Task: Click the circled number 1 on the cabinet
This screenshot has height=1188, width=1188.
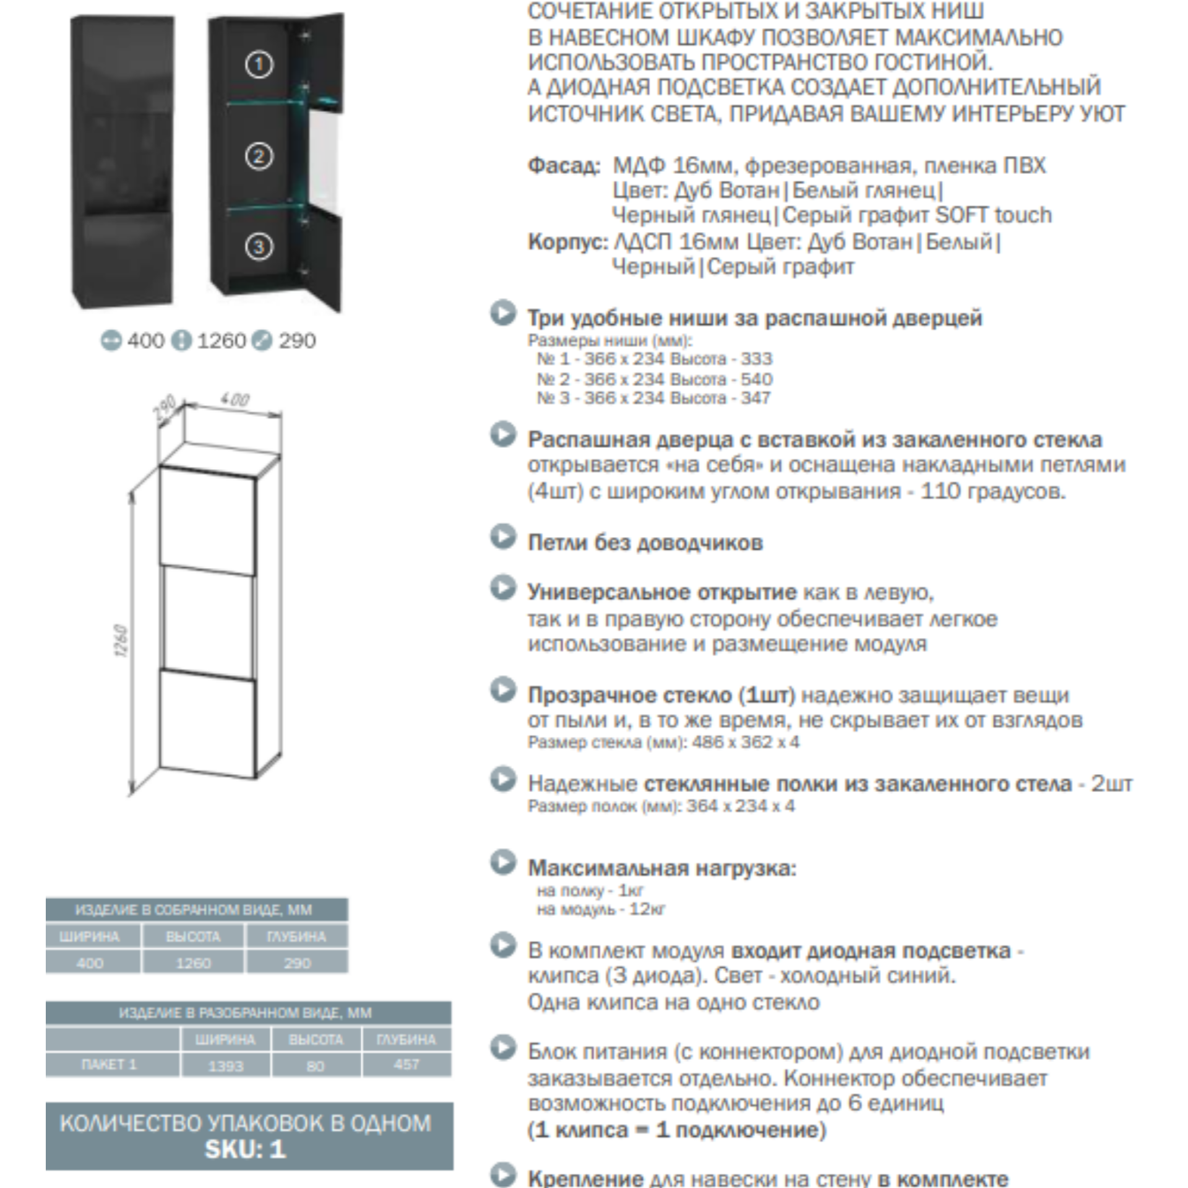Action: click(x=259, y=64)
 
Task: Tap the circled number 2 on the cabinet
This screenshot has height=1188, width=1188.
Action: click(x=259, y=156)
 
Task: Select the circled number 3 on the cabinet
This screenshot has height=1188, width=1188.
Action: click(x=259, y=247)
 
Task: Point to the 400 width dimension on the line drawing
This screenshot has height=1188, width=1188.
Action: click(x=235, y=400)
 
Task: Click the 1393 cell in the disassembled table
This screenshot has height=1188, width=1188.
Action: click(x=225, y=1065)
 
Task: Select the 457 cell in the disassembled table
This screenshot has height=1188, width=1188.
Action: click(x=406, y=1064)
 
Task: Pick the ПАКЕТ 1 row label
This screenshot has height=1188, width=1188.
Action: click(x=110, y=1064)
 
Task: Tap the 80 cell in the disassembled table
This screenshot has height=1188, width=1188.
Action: click(x=315, y=1065)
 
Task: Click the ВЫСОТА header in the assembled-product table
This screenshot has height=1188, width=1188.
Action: click(x=192, y=937)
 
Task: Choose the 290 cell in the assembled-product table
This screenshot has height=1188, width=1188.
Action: click(x=297, y=963)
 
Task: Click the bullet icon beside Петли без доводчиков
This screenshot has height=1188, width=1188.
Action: click(x=503, y=537)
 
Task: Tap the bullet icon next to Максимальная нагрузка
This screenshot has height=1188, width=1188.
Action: click(x=503, y=863)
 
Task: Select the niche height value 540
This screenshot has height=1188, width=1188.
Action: click(x=756, y=379)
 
